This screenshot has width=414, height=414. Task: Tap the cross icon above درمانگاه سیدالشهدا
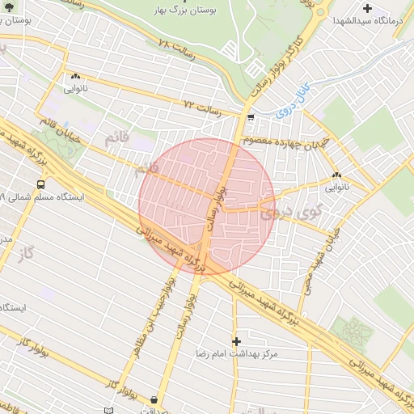tap(367, 7)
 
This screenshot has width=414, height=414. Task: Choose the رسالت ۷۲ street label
tap(203, 106)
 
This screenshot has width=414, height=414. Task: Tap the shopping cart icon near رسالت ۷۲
tap(251, 117)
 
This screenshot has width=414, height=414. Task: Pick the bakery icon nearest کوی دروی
tap(336, 175)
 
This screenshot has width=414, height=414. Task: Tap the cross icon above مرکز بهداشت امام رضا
tap(236, 342)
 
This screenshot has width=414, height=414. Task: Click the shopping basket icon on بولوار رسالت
tap(154, 399)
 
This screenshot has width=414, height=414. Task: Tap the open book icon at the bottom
tap(109, 411)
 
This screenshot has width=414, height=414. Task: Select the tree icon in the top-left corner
tap(6, 6)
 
